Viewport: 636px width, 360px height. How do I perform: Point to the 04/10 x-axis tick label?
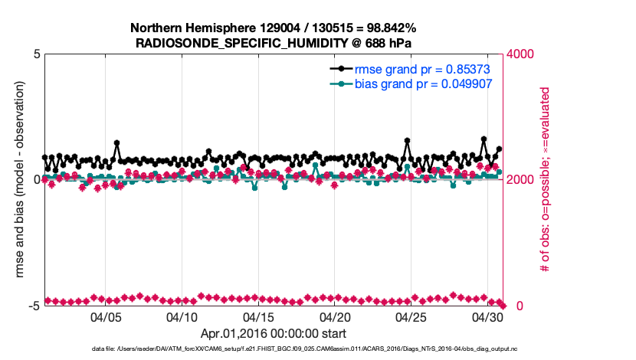(182, 316)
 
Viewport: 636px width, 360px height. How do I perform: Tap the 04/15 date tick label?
(258, 316)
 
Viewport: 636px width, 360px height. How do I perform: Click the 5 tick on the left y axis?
(36, 54)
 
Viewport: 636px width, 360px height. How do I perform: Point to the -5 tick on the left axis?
(34, 306)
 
